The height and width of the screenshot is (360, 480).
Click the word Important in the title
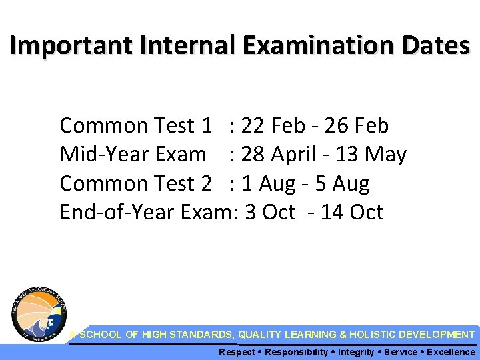click(64, 45)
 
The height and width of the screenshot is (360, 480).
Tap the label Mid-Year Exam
click(133, 155)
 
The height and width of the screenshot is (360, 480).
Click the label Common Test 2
click(136, 183)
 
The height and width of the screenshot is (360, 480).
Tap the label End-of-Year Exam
click(143, 213)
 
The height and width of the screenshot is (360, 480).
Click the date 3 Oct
click(271, 213)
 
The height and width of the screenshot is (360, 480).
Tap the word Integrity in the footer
click(356, 352)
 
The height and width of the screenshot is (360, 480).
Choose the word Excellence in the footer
click(451, 352)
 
